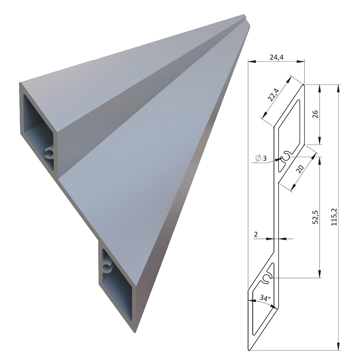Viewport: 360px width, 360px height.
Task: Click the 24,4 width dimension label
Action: click(276, 57)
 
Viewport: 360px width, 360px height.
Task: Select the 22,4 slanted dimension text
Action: click(274, 95)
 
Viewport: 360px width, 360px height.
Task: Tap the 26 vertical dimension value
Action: click(316, 114)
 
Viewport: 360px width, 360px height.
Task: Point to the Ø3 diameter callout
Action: click(261, 158)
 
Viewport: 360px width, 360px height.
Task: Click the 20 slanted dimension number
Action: click(300, 169)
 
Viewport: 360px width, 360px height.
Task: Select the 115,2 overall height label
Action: click(334, 217)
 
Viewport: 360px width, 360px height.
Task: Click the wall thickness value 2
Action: click(256, 234)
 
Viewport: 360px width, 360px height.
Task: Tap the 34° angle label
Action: click(265, 298)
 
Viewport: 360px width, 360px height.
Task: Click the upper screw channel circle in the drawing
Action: click(286, 157)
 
